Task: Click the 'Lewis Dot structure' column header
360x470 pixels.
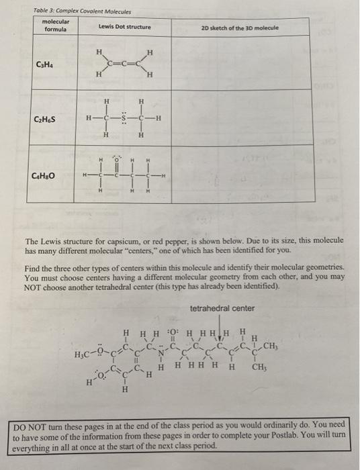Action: [124, 27]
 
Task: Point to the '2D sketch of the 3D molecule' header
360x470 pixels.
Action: [240, 28]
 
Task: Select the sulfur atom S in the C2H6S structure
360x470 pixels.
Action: [124, 120]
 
